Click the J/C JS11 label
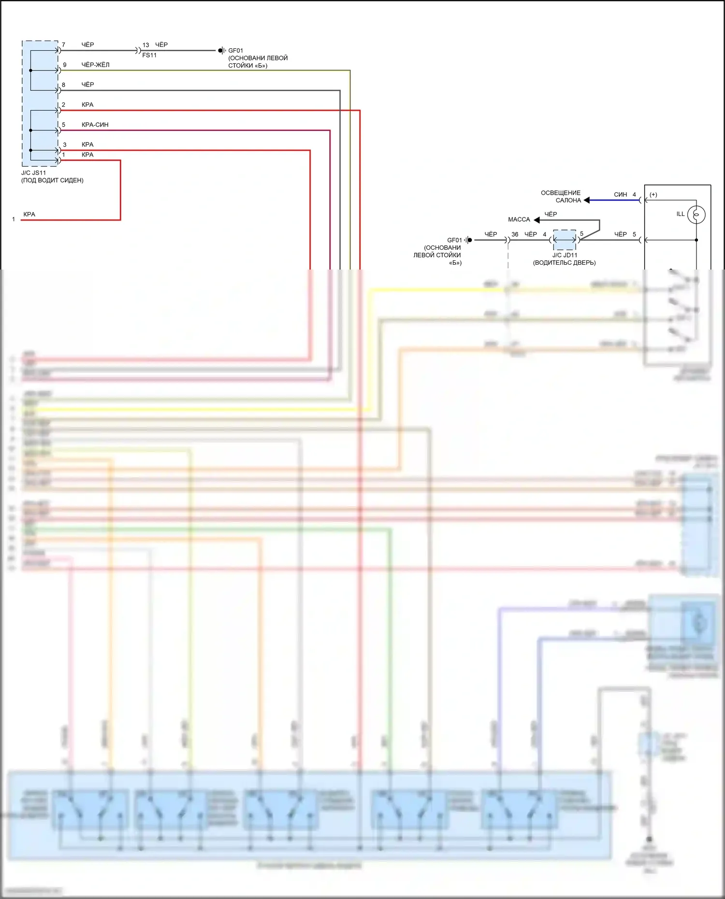coord(33,173)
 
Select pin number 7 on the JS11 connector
coord(63,45)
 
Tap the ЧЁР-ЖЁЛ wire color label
coord(95,65)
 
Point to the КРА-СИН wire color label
coord(95,125)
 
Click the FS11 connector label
coord(149,56)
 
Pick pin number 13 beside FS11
coord(145,45)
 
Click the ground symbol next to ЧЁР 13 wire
coord(221,50)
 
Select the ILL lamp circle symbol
coord(696,214)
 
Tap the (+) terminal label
coord(653,195)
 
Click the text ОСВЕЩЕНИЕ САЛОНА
coord(561,197)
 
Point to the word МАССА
coord(519,220)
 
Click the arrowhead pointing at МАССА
coord(536,220)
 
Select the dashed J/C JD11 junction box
coord(565,240)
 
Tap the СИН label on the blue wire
coord(620,195)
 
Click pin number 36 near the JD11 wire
coord(515,234)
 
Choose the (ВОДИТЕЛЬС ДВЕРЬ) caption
coord(564,263)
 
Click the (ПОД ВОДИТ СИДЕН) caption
coord(52,181)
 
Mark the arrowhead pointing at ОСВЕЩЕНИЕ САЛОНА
coord(586,200)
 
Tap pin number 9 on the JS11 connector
coord(65,65)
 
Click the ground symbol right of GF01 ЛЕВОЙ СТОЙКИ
coord(468,240)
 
